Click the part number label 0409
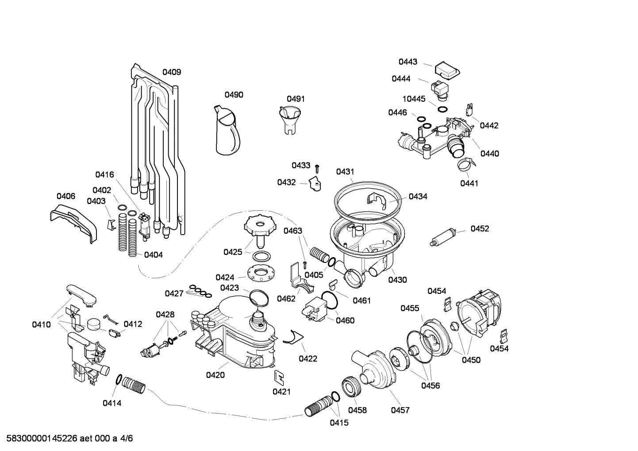click(x=171, y=72)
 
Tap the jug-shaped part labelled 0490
click(x=227, y=131)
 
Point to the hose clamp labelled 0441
click(x=466, y=166)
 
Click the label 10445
click(x=413, y=99)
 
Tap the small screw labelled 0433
click(x=317, y=168)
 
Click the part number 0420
click(x=215, y=375)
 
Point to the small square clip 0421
click(x=279, y=376)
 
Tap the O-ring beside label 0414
click(x=119, y=379)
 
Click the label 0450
click(x=471, y=360)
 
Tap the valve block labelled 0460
click(x=315, y=307)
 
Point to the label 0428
click(x=165, y=315)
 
